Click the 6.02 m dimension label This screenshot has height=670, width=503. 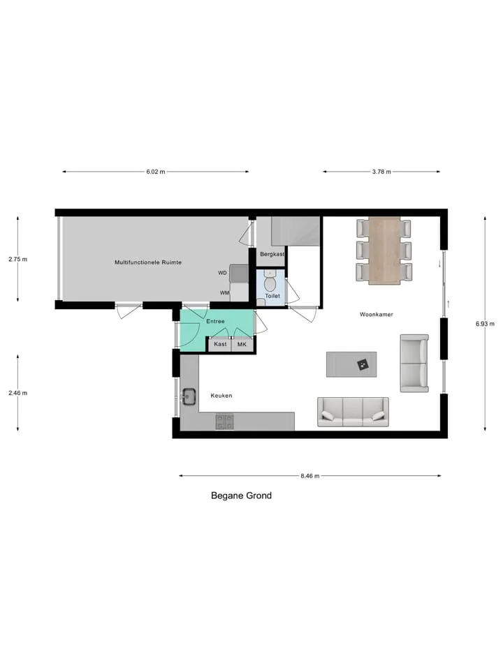(156, 172)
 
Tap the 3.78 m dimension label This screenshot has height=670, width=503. (381, 172)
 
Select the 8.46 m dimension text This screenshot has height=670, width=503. (310, 475)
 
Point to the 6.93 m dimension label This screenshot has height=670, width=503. (485, 324)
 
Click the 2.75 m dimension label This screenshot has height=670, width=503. (18, 259)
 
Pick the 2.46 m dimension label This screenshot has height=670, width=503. (18, 393)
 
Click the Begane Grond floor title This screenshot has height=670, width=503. (241, 496)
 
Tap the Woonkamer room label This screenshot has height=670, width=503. (377, 315)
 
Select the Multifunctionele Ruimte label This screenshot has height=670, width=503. (148, 262)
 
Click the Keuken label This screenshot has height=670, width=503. (221, 396)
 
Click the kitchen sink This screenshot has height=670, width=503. (189, 397)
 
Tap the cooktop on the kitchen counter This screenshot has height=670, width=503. (224, 422)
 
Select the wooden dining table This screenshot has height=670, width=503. (384, 251)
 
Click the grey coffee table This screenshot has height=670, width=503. (351, 364)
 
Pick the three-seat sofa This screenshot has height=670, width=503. (353, 412)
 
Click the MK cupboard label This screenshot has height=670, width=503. (242, 344)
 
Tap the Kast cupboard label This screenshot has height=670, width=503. (220, 344)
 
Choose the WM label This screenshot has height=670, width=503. (224, 293)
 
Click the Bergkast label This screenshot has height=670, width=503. (272, 254)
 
